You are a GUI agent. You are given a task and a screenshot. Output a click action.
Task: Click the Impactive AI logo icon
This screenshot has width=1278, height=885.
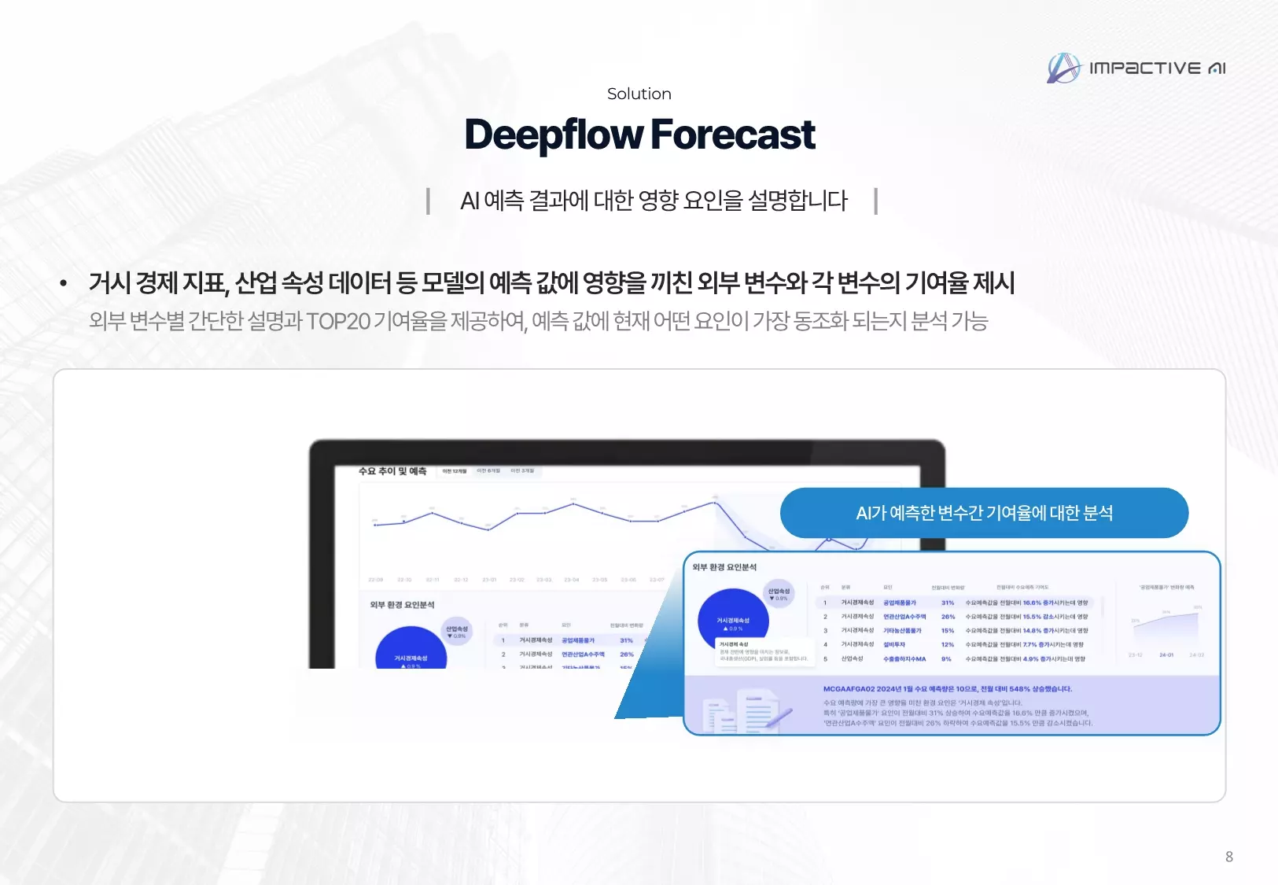(x=1064, y=68)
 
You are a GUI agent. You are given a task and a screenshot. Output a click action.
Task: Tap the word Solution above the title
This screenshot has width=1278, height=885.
(x=639, y=94)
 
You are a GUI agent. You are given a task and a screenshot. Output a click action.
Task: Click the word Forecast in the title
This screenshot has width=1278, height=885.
(x=732, y=135)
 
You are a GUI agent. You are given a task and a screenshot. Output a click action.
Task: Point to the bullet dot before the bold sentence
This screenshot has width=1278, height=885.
(x=64, y=284)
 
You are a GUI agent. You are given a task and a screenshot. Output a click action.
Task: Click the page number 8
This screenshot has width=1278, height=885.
(x=1228, y=857)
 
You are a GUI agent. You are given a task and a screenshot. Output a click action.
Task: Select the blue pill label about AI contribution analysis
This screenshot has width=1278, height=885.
(x=984, y=513)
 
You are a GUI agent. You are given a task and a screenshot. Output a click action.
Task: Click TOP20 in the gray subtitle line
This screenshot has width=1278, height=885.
(x=338, y=322)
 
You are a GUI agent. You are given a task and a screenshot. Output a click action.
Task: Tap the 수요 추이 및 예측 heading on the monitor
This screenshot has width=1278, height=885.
(x=392, y=471)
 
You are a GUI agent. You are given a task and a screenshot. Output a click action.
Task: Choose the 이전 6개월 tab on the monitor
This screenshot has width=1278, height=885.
(x=488, y=471)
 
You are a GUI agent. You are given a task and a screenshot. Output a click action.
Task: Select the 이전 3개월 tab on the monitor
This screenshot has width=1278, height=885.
(x=522, y=471)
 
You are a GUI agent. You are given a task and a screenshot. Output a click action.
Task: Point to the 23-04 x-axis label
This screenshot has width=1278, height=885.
(x=571, y=580)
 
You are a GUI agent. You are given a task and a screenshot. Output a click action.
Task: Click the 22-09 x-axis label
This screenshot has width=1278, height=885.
(x=376, y=580)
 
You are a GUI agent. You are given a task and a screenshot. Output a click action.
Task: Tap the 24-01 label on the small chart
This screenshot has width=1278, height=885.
(x=1166, y=655)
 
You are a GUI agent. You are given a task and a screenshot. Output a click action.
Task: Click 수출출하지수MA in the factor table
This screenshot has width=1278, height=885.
(x=904, y=659)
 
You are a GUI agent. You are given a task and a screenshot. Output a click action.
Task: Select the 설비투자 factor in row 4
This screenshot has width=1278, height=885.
(x=894, y=645)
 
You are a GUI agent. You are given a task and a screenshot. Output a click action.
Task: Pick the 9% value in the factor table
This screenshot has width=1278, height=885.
(x=946, y=659)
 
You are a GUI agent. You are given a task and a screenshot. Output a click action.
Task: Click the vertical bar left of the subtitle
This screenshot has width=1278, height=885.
(x=428, y=201)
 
